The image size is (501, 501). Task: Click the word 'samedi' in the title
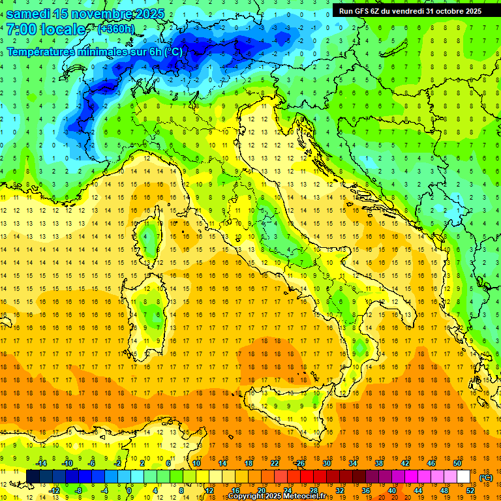[30, 14]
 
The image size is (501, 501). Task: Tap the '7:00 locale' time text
[46, 29]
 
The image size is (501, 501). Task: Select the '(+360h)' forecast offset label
[116, 29]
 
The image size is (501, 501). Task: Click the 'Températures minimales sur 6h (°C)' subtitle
[95, 52]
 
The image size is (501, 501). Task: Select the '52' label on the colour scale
[470, 490]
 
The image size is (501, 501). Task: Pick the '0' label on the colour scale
[129, 490]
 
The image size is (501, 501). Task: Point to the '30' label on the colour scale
[326, 463]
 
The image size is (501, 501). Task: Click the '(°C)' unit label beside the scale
[486, 478]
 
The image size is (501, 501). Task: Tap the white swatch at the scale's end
[463, 476]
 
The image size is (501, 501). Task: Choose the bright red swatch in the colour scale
[307, 476]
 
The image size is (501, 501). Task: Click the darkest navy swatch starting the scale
[33, 476]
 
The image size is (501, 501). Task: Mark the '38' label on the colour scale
[378, 463]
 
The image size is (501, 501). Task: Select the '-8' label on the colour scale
[78, 490]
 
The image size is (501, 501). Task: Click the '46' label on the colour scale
[431, 463]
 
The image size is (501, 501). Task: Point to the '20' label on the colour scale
[261, 490]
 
